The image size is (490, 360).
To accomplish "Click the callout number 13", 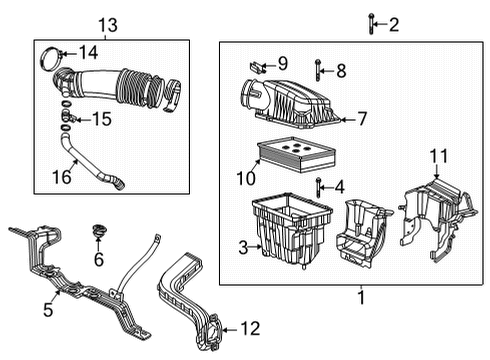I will coord(107,23).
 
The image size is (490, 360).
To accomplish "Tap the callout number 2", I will coord(394,24).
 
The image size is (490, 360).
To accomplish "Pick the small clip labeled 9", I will coord(257,66).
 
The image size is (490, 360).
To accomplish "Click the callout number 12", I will coord(250,326).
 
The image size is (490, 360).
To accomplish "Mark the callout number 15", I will coord(101,119).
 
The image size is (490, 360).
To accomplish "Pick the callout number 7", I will coord(362,118).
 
